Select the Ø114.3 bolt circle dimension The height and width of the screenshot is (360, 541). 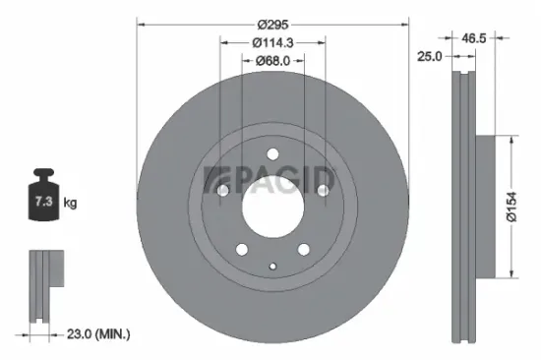tap(272, 42)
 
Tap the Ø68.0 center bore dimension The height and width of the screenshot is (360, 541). tap(272, 61)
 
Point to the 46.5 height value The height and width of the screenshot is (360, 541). tap(476, 38)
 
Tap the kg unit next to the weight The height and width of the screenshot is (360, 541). tap(70, 204)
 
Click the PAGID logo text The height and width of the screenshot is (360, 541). tap(270, 180)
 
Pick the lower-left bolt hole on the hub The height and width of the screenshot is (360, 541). tap(239, 248)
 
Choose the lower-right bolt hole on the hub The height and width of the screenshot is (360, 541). tap(303, 248)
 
